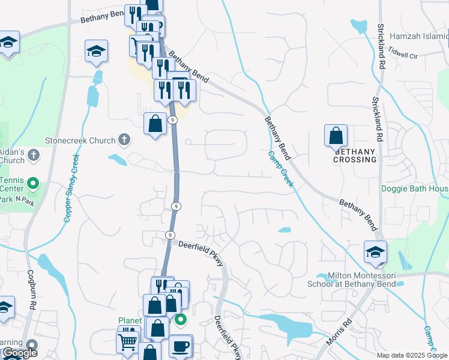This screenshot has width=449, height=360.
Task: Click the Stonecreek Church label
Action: coord(80,140)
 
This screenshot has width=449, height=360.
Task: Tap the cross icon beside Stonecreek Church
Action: coord(124,140)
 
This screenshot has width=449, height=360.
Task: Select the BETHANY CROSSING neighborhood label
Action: coord(355,155)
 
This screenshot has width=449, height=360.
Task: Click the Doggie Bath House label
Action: coord(415,188)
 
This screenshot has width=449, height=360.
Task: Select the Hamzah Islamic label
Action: coord(419,36)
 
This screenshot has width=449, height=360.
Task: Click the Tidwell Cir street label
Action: coord(402,55)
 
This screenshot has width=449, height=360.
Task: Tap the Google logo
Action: coord(19,353)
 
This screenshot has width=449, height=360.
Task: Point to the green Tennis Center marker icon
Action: coord(34,183)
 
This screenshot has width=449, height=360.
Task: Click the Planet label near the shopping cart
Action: coord(130,320)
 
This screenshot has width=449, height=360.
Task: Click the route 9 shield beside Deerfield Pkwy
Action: coord(170,234)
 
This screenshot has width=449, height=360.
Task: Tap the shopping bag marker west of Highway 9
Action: coord(155,124)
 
